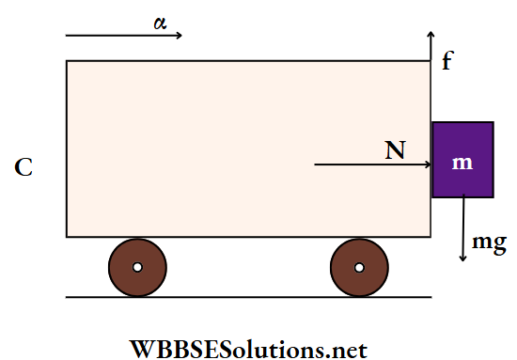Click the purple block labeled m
(x=462, y=160)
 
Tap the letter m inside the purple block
(x=462, y=163)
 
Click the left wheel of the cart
(x=137, y=267)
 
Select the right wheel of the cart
(x=359, y=267)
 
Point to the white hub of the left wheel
(x=137, y=267)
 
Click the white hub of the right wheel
(x=359, y=267)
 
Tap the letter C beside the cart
(x=24, y=168)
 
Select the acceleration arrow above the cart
(x=122, y=36)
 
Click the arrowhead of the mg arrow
(x=463, y=258)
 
